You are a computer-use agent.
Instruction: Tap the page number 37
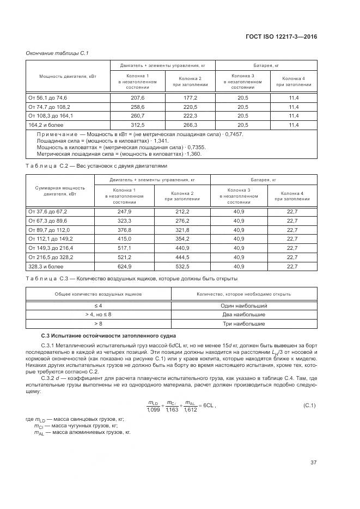pyautogui.click(x=313, y=463)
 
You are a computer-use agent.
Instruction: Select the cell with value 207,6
pyautogui.click(x=137, y=97)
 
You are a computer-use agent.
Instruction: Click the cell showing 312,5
pyautogui.click(x=137, y=125)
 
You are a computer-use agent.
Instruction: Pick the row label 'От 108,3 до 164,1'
pyautogui.click(x=51, y=116)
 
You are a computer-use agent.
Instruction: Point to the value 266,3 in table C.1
pyautogui.click(x=190, y=125)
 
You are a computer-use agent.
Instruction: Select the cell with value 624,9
pyautogui.click(x=125, y=267)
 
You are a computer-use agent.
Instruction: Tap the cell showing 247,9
pyautogui.click(x=125, y=211)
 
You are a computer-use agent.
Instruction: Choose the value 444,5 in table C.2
pyautogui.click(x=182, y=257)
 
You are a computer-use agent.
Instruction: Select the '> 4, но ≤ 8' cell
pyautogui.click(x=99, y=315)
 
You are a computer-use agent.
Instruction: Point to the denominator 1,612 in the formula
pyautogui.click(x=190, y=409)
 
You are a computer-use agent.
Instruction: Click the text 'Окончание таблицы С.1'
pyautogui.click(x=57, y=53)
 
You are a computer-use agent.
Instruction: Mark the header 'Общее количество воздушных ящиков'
pyautogui.click(x=99, y=294)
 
